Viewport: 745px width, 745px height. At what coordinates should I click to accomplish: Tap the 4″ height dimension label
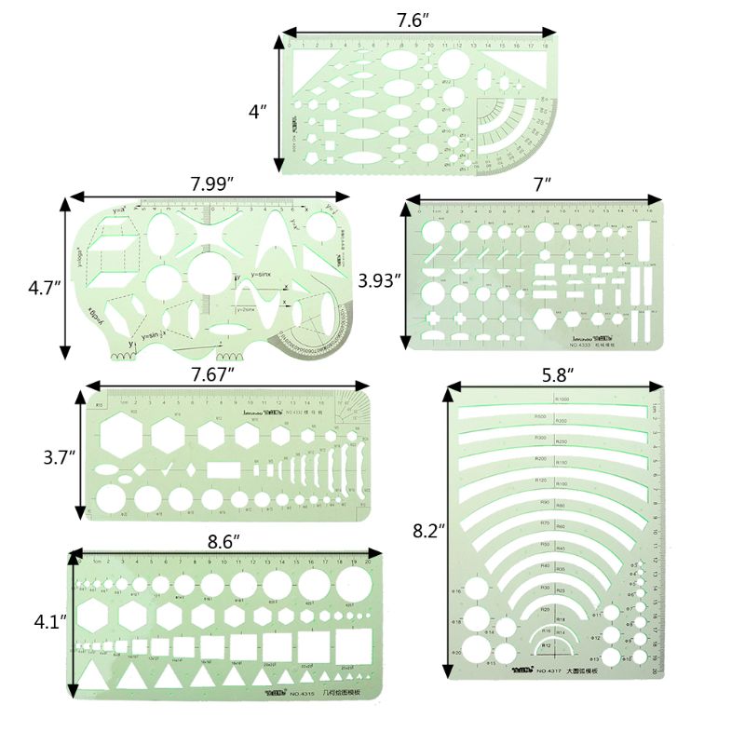(x=258, y=111)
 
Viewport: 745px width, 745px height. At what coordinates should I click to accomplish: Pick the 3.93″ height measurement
(x=379, y=278)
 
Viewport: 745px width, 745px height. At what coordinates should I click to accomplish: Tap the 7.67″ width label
(x=211, y=373)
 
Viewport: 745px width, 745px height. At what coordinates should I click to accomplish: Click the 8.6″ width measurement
(x=223, y=539)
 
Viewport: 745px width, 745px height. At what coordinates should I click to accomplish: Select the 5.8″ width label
(x=557, y=373)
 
